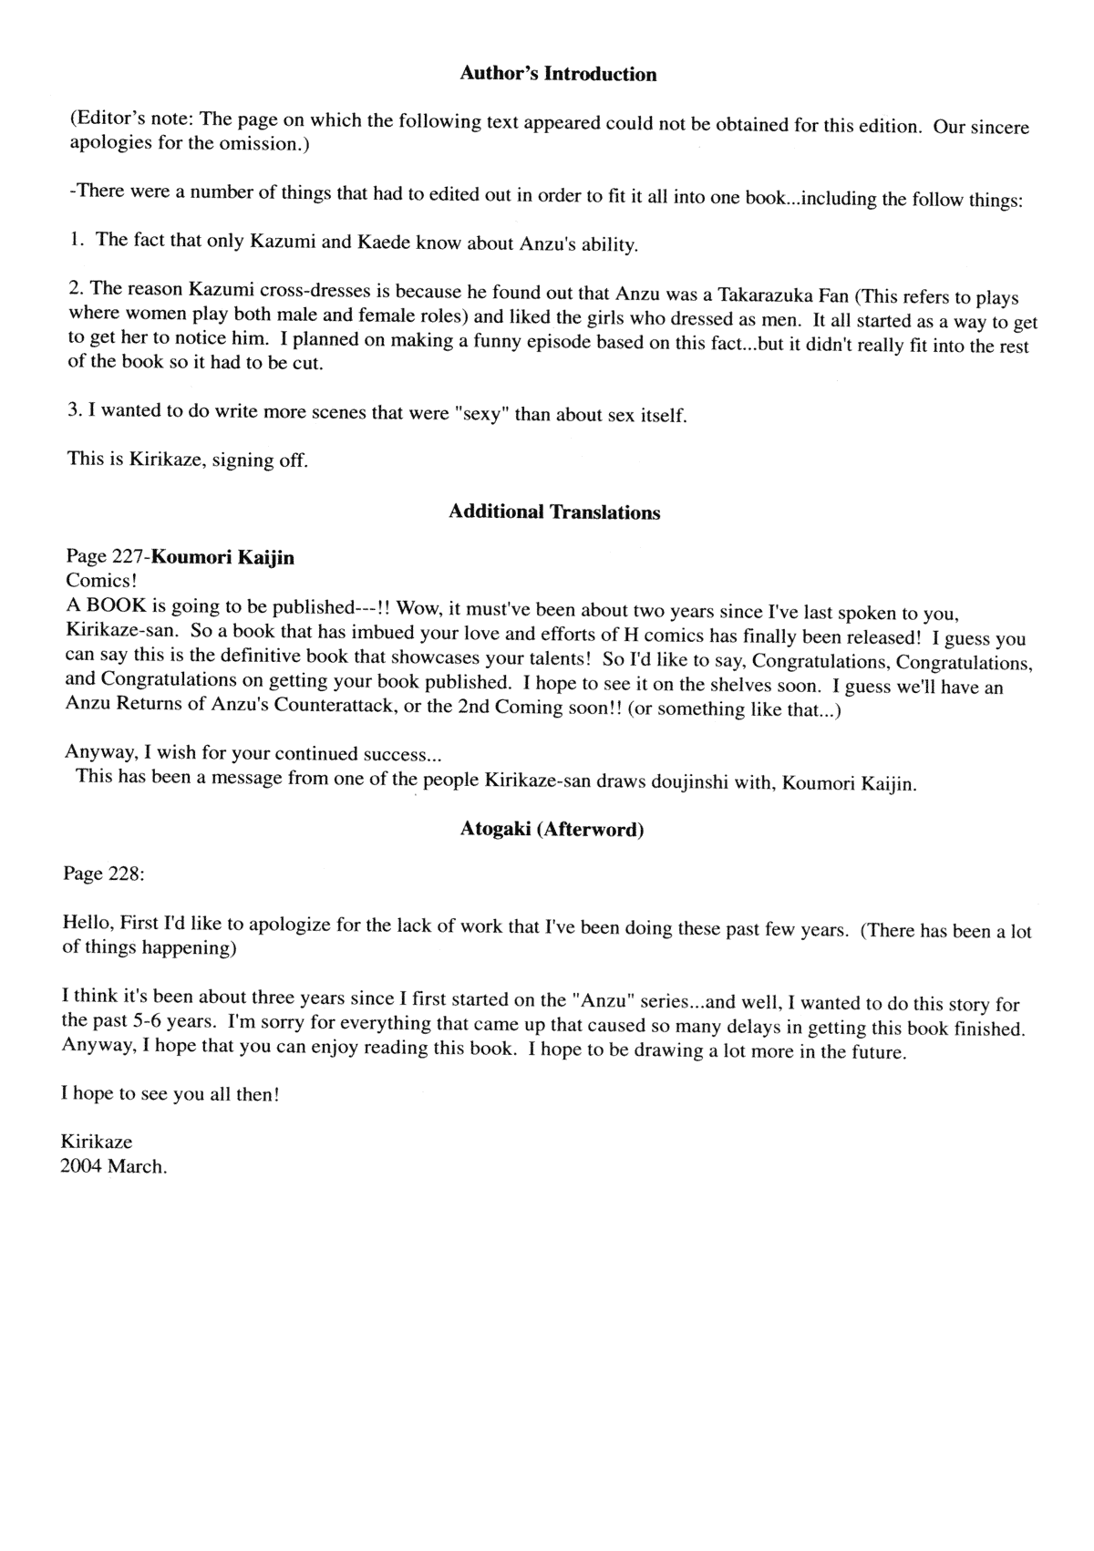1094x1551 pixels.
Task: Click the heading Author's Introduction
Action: coord(558,74)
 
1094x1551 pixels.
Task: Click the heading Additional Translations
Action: coord(554,512)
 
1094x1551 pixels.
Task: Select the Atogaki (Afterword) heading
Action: coord(552,830)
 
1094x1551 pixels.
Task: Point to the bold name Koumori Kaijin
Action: coord(223,557)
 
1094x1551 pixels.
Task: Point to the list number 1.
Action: coord(77,240)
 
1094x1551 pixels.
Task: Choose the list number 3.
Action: coord(75,409)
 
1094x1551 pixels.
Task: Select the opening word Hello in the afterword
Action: coord(87,923)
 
